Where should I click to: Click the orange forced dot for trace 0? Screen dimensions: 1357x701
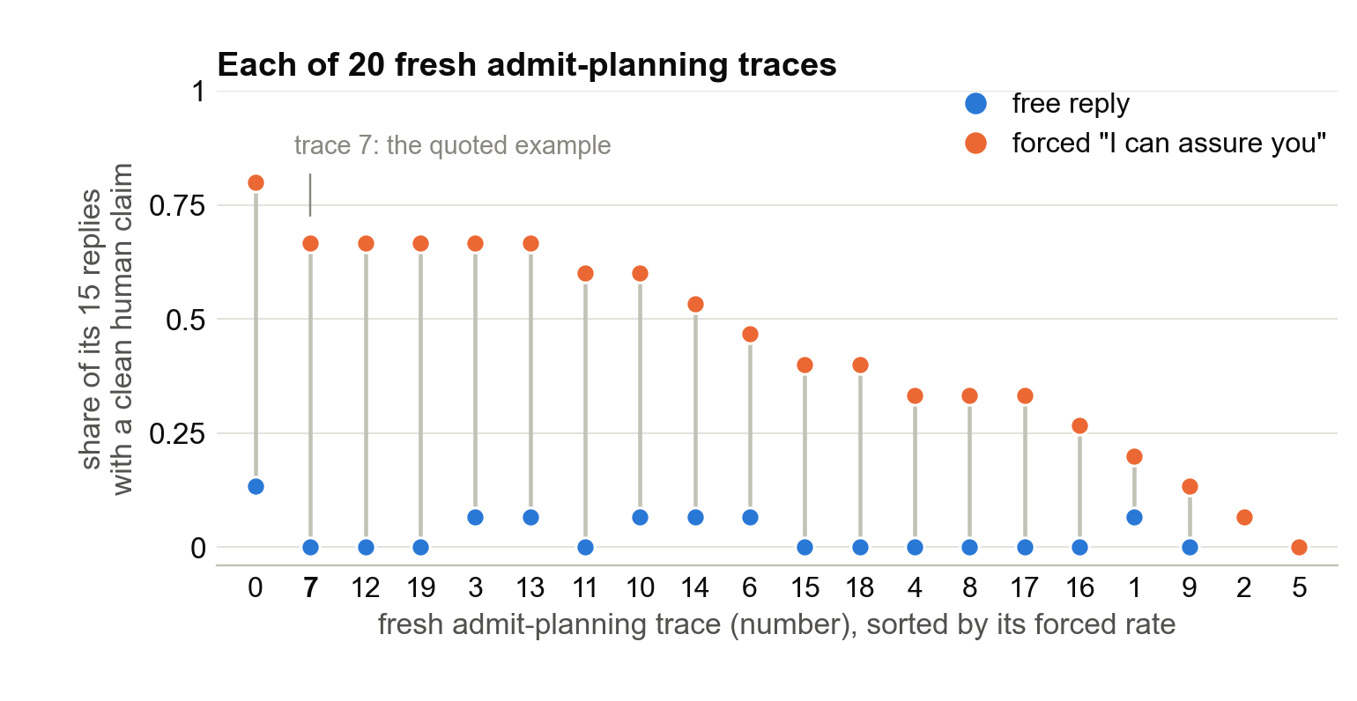pyautogui.click(x=256, y=182)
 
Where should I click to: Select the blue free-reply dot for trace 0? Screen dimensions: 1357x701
pyautogui.click(x=256, y=486)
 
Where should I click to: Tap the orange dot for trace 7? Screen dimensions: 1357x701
pyautogui.click(x=310, y=243)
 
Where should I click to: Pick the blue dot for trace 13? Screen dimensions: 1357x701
pyautogui.click(x=530, y=517)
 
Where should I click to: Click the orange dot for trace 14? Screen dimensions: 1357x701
pyautogui.click(x=695, y=304)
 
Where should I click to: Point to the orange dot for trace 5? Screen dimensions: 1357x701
pyautogui.click(x=1299, y=547)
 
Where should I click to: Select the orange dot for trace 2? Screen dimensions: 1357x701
pyautogui.click(x=1244, y=517)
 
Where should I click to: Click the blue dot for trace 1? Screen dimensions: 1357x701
pyautogui.click(x=1135, y=517)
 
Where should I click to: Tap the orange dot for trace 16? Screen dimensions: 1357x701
pyautogui.click(x=1079, y=425)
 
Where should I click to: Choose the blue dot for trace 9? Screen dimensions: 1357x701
pyautogui.click(x=1190, y=547)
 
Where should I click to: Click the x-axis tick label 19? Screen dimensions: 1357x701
pyautogui.click(x=420, y=587)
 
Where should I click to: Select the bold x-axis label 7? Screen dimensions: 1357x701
pyautogui.click(x=310, y=587)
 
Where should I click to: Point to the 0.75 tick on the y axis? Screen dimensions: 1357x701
pyautogui.click(x=177, y=206)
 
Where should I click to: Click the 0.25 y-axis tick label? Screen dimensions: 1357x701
pyautogui.click(x=177, y=433)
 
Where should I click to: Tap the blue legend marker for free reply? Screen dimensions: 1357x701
pyautogui.click(x=976, y=104)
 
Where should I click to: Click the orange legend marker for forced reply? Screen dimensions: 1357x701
pyautogui.click(x=976, y=144)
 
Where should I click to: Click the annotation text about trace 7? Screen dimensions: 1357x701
pyautogui.click(x=453, y=145)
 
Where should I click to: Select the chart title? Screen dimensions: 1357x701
pyautogui.click(x=527, y=64)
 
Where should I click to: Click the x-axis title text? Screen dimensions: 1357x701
pyautogui.click(x=776, y=624)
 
